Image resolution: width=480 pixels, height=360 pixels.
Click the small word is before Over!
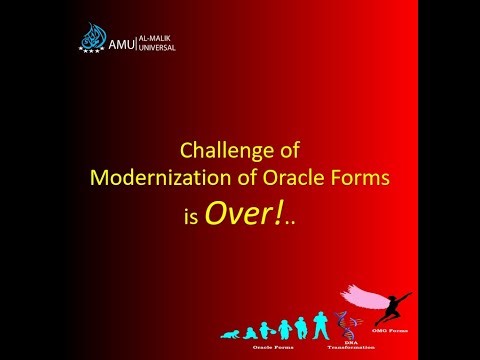[190, 216]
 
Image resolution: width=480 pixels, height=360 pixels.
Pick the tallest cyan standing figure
[321, 322]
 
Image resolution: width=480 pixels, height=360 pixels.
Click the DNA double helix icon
[346, 323]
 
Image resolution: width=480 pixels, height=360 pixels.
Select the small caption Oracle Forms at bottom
[278, 344]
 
